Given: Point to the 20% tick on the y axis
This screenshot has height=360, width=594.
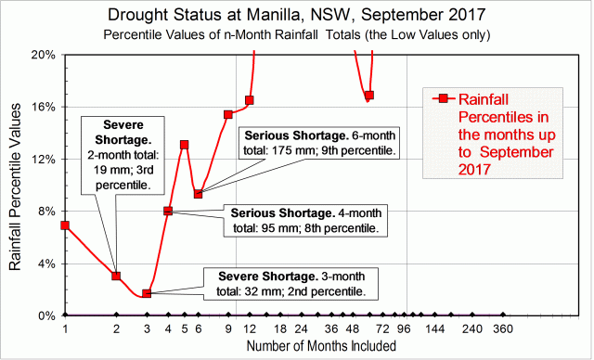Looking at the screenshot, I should (43, 55).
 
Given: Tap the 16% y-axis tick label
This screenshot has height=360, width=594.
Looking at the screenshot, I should (43, 107).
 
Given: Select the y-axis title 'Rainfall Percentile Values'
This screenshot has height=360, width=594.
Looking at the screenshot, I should (16, 186).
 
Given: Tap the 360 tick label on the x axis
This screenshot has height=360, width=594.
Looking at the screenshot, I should (503, 328).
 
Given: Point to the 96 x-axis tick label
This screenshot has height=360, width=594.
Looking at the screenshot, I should (403, 328).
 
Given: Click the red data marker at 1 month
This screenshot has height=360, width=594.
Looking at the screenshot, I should (65, 225).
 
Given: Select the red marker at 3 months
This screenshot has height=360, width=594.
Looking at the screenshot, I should (147, 293).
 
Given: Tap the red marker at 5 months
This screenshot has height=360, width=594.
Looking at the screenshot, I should (185, 145).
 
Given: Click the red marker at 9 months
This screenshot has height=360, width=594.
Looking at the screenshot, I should (228, 115).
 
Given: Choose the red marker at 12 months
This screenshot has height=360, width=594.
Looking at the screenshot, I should (249, 100).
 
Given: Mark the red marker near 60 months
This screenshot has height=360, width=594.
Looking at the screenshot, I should (368, 96).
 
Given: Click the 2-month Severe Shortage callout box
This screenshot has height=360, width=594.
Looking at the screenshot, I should (123, 154).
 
